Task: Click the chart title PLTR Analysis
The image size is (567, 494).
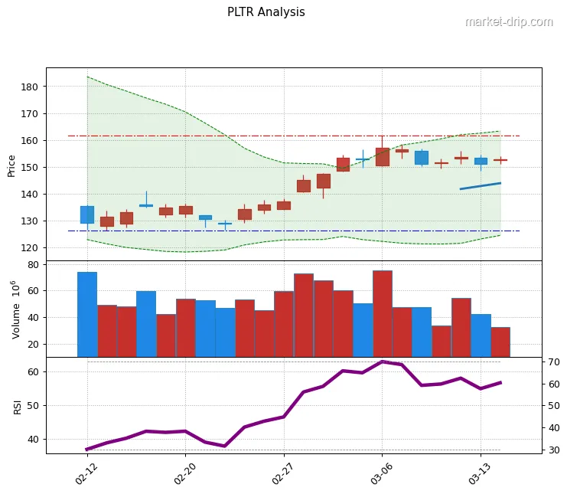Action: [266, 12]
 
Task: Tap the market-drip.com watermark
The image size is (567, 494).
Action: [508, 21]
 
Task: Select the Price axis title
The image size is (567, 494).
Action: [11, 165]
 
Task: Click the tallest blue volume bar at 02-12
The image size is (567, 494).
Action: [87, 314]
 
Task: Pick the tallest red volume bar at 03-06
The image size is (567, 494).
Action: [383, 314]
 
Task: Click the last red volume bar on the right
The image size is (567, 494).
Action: [500, 342]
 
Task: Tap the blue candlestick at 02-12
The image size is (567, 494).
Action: [87, 214]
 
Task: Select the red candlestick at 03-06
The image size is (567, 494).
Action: [383, 157]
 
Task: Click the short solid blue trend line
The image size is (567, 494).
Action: [480, 185]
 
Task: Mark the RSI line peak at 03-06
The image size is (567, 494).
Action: [383, 362]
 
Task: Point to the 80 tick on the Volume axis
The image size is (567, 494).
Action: [32, 265]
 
